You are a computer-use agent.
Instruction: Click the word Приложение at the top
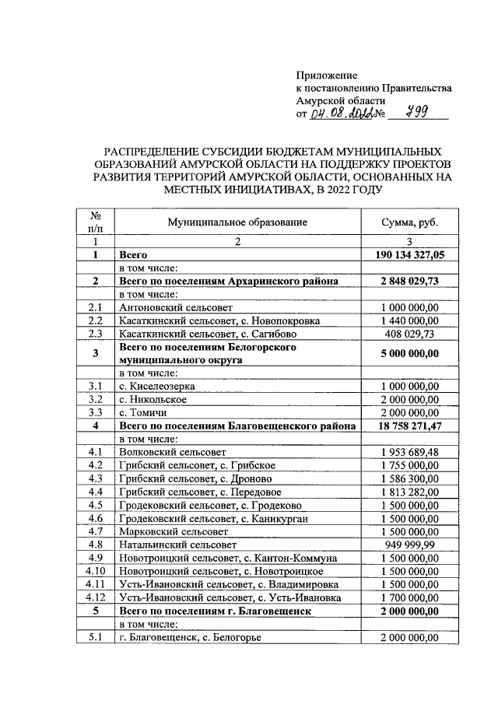pos(326,75)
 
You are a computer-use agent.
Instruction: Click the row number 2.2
pos(96,320)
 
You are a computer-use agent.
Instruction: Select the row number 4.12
pos(96,597)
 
